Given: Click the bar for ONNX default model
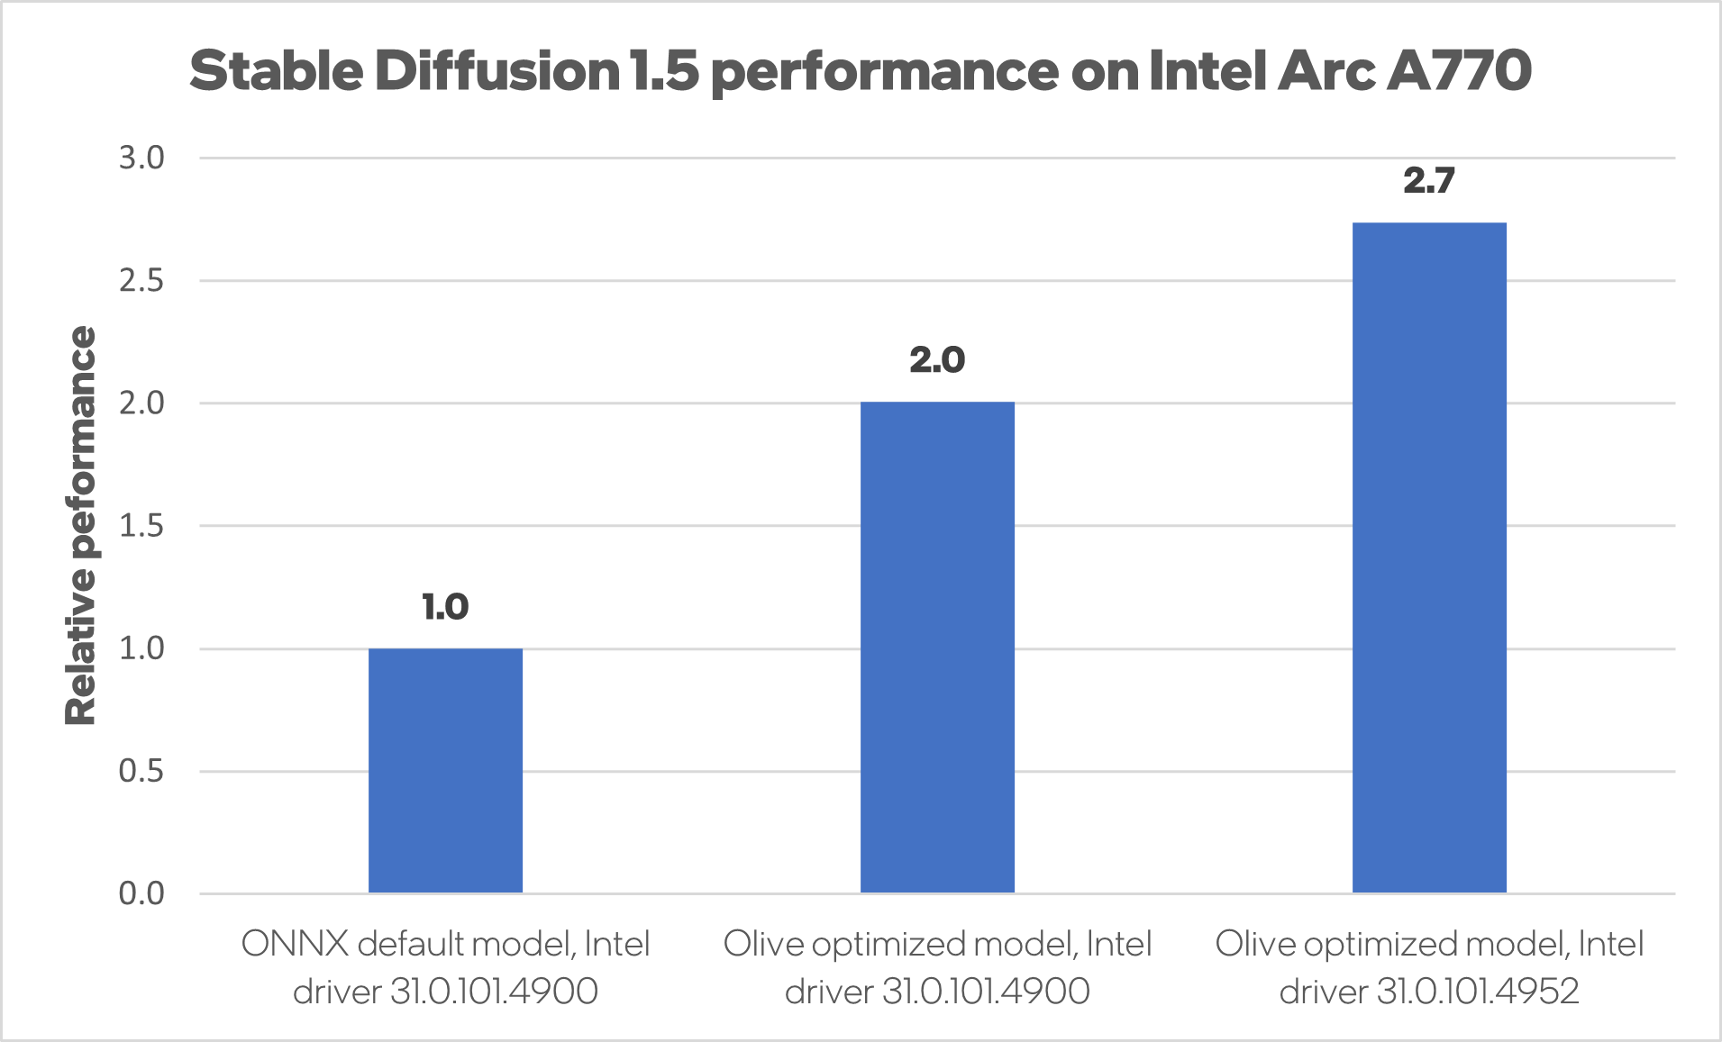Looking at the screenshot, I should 445,770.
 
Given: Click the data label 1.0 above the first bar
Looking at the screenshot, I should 445,607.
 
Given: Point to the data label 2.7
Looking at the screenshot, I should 1429,181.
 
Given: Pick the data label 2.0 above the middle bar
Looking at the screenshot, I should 937,360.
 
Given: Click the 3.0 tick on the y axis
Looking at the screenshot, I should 141,159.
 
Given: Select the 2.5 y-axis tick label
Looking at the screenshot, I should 141,281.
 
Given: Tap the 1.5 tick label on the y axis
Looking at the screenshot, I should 141,526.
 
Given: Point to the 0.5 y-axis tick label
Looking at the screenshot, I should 141,771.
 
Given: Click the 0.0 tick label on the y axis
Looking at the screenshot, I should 141,893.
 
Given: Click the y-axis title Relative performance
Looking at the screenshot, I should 80,525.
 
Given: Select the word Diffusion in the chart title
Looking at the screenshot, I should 497,71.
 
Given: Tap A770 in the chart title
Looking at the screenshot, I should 1459,71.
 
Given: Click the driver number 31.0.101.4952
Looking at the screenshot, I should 1478,992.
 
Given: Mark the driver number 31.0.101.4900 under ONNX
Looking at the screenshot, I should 494,992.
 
